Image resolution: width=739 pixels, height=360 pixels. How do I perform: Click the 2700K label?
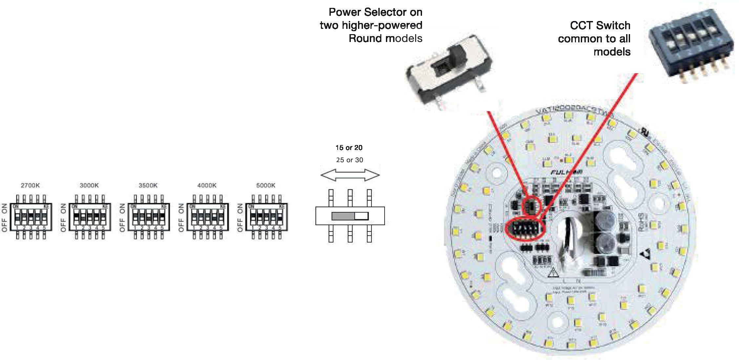30,185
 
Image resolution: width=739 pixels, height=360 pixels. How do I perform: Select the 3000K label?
89,185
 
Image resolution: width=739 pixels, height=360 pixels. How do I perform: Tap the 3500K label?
148,185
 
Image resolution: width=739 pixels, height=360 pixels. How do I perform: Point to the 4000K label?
207,185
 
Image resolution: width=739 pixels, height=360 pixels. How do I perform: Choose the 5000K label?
266,185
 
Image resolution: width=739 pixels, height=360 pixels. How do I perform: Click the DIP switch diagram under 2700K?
31,217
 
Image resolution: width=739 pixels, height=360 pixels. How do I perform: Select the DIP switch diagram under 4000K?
207,217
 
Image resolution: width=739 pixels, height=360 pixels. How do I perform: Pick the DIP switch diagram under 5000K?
266,217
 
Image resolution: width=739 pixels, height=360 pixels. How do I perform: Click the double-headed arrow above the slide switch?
350,175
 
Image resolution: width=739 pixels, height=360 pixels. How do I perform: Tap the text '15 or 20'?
349,148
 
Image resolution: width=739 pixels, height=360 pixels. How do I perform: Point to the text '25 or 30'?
349,160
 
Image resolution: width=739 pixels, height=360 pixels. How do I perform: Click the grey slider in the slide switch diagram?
343,216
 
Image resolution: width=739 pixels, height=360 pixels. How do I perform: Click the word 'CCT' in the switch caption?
581,25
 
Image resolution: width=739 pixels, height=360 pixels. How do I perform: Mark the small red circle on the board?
532,206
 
